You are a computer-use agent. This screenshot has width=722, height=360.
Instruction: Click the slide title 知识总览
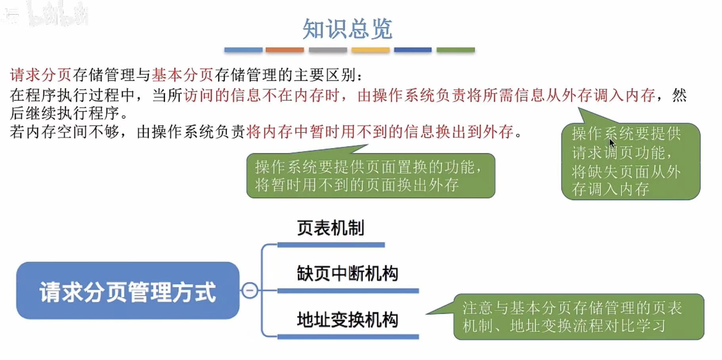348,29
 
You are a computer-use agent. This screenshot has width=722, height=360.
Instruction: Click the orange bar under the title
285,50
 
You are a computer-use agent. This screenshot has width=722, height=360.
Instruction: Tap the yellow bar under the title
371,50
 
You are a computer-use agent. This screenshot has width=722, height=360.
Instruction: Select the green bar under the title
455,50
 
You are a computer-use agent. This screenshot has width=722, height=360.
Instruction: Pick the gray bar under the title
328,50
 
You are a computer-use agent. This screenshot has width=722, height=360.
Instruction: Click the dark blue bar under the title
413,50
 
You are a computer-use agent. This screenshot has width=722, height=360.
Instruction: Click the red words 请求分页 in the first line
40,75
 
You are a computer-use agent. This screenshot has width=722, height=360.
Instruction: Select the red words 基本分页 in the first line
182,75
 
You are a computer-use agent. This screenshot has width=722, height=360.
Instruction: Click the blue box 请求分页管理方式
128,291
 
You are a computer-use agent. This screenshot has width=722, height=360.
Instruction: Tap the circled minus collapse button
250,291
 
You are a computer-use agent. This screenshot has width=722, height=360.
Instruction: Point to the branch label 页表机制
330,228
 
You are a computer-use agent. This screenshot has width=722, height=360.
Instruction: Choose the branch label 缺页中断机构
347,274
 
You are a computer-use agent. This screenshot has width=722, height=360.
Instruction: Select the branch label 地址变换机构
347,320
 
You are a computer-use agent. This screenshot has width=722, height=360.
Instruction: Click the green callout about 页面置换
371,176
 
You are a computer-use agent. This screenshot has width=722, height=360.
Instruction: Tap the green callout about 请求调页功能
630,162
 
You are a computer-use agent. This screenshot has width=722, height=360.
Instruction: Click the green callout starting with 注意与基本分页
578,317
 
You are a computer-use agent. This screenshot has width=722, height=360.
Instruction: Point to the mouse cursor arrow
611,142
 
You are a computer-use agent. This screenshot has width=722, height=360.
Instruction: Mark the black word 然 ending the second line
679,95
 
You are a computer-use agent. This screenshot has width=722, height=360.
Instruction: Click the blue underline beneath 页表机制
331,245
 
